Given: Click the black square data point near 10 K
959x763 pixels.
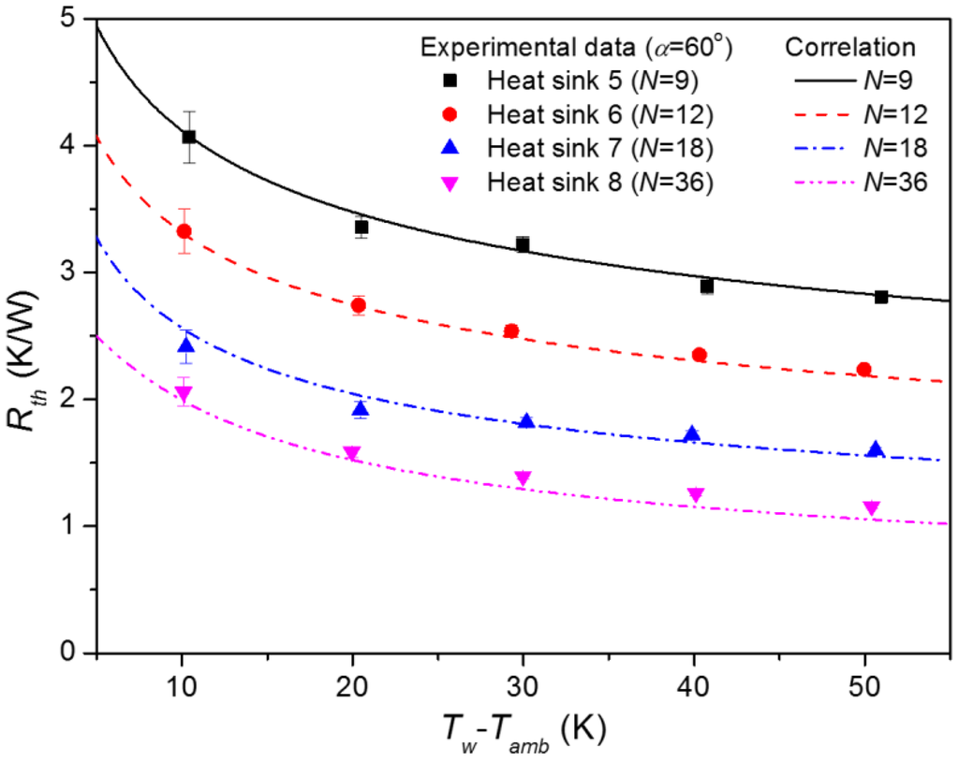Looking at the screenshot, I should click(x=188, y=137).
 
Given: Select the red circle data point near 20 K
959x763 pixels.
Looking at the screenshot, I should click(x=358, y=305).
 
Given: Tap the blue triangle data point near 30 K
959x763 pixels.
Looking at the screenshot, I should click(x=526, y=421).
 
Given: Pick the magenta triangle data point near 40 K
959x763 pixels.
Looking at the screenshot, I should click(x=695, y=494).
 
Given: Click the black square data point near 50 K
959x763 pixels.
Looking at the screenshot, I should click(x=881, y=297).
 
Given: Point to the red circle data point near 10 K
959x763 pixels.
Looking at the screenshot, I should click(x=184, y=231).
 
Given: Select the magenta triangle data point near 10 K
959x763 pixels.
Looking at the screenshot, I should click(x=184, y=394).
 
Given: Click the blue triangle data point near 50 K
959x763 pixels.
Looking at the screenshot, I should click(x=876, y=449).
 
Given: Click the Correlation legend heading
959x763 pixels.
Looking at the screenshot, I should click(x=850, y=48).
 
